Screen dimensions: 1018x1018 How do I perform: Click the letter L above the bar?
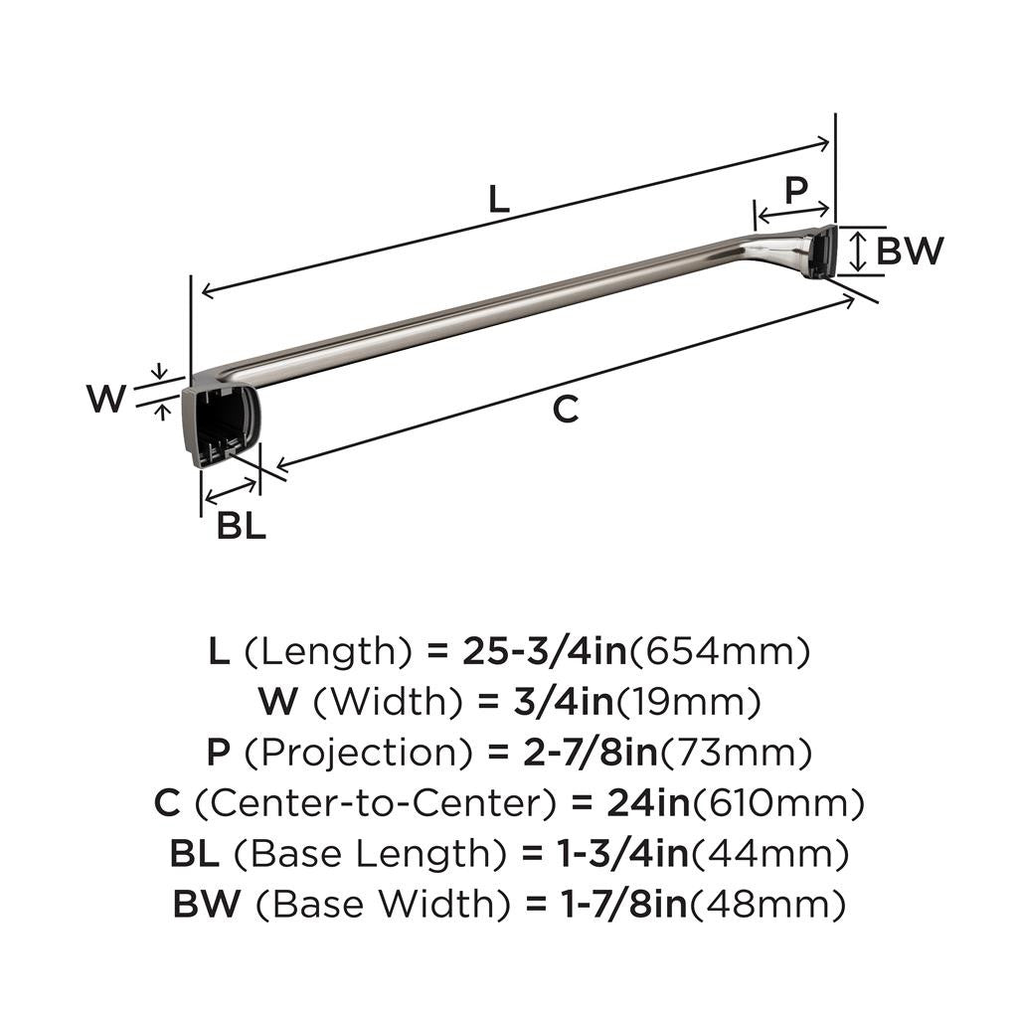click(x=499, y=200)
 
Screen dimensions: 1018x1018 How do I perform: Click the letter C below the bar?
click(x=565, y=409)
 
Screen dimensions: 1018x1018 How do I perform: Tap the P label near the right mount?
click(x=795, y=189)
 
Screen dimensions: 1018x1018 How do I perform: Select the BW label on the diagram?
click(x=910, y=252)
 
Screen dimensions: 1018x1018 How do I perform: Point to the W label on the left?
click(x=106, y=400)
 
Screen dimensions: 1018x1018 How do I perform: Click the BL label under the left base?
click(x=242, y=526)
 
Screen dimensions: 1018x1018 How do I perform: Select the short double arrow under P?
click(x=792, y=211)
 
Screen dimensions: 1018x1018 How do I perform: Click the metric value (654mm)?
click(x=721, y=652)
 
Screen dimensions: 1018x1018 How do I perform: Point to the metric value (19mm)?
click(x=689, y=703)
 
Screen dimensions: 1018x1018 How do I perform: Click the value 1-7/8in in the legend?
click(x=605, y=904)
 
